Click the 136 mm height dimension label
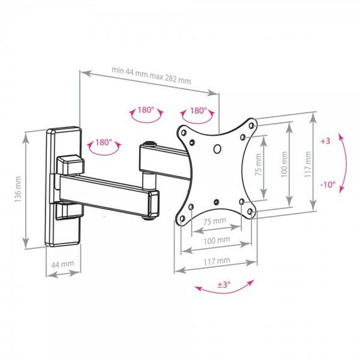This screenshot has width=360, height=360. point(18,189)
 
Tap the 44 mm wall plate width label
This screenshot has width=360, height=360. point(63,264)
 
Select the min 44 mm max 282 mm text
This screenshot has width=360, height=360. point(151,76)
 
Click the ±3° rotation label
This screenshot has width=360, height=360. point(224,285)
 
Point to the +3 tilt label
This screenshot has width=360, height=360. point(325,141)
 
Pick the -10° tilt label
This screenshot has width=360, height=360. point(328,184)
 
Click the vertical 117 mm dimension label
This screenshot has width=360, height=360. point(308,164)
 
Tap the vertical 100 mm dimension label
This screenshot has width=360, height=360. point(284,164)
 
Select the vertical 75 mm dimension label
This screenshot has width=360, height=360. point(258,165)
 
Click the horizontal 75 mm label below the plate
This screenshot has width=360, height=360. point(215,221)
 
